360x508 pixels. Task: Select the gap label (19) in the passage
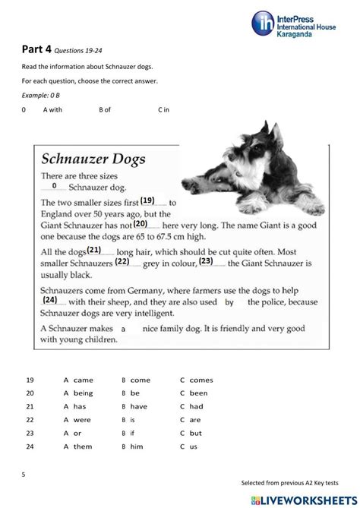tap(147, 200)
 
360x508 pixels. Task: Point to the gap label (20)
tap(140, 224)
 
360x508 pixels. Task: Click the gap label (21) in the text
tap(94, 249)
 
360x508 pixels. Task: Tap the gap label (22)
tap(122, 261)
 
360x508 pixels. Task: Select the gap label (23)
tap(205, 261)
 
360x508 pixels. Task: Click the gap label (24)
tap(51, 299)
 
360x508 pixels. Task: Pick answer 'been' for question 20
tap(198, 393)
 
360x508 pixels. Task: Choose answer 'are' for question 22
tap(195, 419)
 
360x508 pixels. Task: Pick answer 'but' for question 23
tap(195, 433)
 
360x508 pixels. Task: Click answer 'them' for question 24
tap(83, 446)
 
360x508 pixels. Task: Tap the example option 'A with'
tap(52, 110)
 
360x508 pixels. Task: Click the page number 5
tap(24, 474)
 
